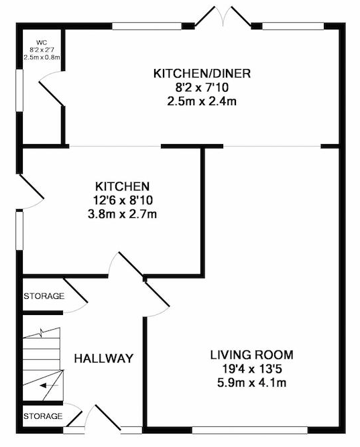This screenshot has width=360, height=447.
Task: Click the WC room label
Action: pos(42,43)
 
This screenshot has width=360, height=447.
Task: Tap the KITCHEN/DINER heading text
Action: pos(202,74)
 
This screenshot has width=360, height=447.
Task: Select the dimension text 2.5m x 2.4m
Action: pos(202,101)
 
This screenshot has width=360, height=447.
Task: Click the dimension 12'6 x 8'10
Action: pos(123,200)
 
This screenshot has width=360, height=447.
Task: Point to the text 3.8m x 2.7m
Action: pos(123,214)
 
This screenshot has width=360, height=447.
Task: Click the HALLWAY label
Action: pos(104,359)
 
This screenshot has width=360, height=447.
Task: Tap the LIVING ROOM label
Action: pos(252,355)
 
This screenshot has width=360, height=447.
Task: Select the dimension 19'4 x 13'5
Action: pos(252,369)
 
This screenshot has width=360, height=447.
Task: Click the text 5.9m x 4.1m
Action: pos(252,383)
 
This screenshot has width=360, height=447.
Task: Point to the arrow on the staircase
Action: pos(49,386)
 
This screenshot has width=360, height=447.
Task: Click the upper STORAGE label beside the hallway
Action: pos(44,296)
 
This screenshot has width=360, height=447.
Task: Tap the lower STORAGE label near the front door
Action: pos(43,416)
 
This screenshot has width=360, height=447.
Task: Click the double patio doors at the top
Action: pos(223,17)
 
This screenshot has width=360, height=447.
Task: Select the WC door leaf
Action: pos(51,94)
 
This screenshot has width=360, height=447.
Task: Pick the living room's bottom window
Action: pos(249,430)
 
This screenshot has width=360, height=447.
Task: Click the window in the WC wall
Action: pos(19,90)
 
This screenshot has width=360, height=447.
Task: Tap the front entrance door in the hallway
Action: pos(108,418)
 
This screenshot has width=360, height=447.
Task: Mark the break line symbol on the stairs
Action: pos(42,332)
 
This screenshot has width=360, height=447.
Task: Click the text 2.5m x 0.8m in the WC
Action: pos(42,57)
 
